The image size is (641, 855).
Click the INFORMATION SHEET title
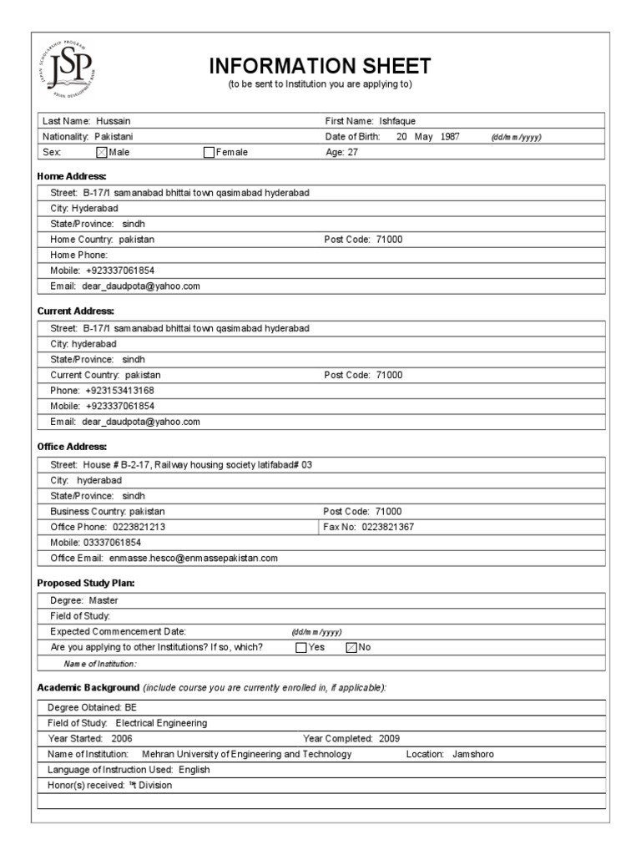coord(320,66)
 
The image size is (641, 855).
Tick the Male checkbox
coord(102,152)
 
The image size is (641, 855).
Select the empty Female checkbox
coord(209,152)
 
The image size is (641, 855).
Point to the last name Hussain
coord(113,121)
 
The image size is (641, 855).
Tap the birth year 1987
coord(450,136)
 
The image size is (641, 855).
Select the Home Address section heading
coord(72,176)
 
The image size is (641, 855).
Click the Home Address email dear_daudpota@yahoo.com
coord(141,286)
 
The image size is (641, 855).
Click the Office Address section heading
coord(73,447)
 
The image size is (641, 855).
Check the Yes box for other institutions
coord(301,647)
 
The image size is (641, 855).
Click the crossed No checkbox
coord(351,647)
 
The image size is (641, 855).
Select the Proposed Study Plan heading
coord(86,582)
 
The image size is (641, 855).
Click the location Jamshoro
coord(473,754)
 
